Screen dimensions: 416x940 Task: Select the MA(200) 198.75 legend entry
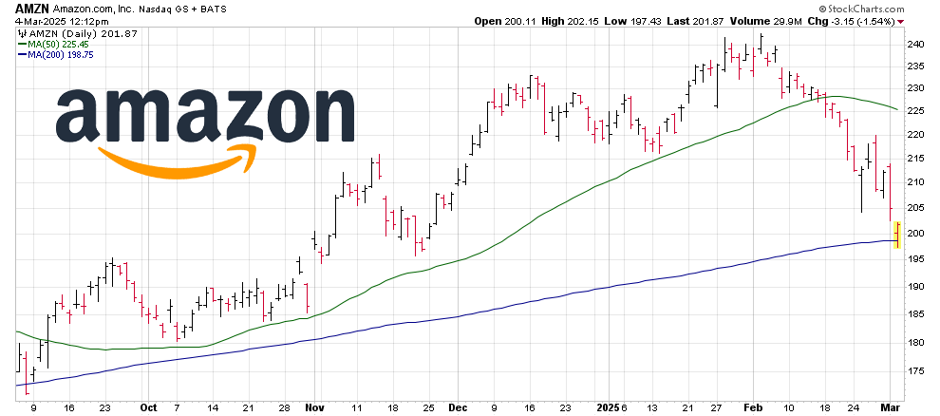[x=50, y=55]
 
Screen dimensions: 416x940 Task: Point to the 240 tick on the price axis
[x=914, y=44]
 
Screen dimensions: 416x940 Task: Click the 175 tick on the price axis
[x=914, y=371]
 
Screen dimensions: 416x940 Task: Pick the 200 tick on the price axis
[x=914, y=234]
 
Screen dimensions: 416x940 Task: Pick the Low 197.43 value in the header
[x=638, y=20]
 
